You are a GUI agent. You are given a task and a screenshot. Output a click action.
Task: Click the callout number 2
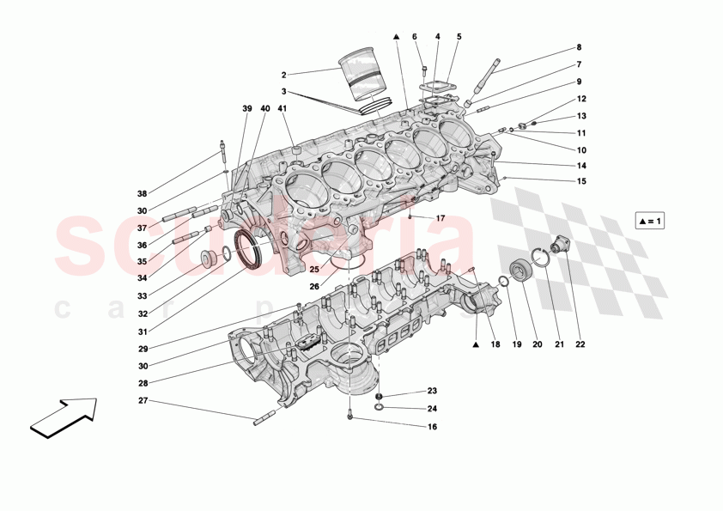283,75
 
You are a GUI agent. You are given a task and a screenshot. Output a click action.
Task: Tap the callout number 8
579,47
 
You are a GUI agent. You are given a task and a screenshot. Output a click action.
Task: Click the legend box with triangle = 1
651,221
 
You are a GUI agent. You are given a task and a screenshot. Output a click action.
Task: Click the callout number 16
432,426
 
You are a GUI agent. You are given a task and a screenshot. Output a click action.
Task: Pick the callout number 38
142,194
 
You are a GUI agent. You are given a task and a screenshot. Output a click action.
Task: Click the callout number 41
283,108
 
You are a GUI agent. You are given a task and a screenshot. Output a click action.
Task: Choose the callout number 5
459,37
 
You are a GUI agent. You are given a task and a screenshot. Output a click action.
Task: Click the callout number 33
142,296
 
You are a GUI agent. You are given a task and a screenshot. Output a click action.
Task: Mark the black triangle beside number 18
474,345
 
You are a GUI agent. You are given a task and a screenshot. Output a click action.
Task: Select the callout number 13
581,116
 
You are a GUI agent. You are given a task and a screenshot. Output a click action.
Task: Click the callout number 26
314,286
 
